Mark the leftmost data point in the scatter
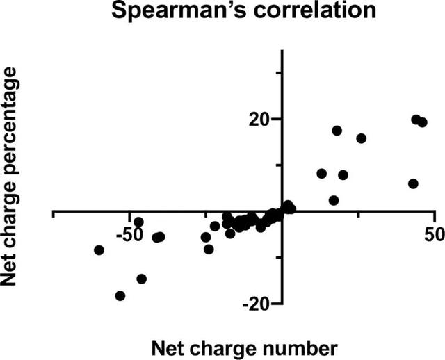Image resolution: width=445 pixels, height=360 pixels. [99, 249]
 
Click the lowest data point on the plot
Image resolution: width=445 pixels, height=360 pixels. [120, 295]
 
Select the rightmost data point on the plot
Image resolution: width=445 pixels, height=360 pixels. [422, 122]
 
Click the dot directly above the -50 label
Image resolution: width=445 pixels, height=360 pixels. [138, 222]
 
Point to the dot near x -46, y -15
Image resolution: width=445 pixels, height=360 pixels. [142, 279]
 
